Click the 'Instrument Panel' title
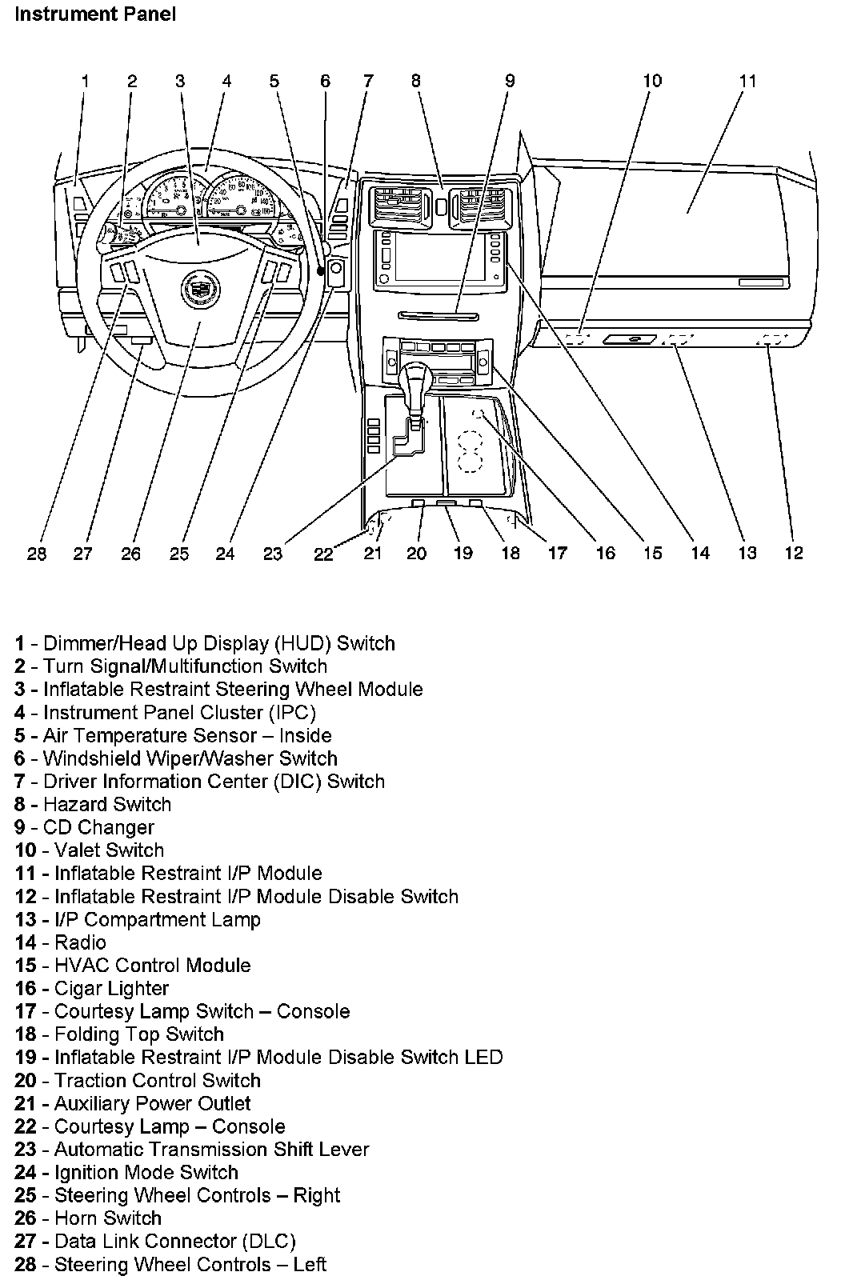click(x=95, y=14)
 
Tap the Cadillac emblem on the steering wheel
click(x=195, y=287)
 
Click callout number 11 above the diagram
click(x=747, y=81)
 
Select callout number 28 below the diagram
click(x=37, y=554)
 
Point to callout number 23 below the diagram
click(x=274, y=554)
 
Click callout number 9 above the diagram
click(x=510, y=81)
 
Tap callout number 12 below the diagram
click(x=793, y=554)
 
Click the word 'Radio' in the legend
click(x=80, y=942)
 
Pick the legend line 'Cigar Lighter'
click(x=111, y=989)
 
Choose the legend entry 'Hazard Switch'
click(x=107, y=805)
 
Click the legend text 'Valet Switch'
click(x=109, y=850)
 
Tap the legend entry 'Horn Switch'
click(x=107, y=1218)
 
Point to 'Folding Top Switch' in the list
click(x=138, y=1034)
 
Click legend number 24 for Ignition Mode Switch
click(x=26, y=1173)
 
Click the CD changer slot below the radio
click(x=439, y=314)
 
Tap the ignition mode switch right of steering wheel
click(x=336, y=272)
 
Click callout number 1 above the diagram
click(x=86, y=81)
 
